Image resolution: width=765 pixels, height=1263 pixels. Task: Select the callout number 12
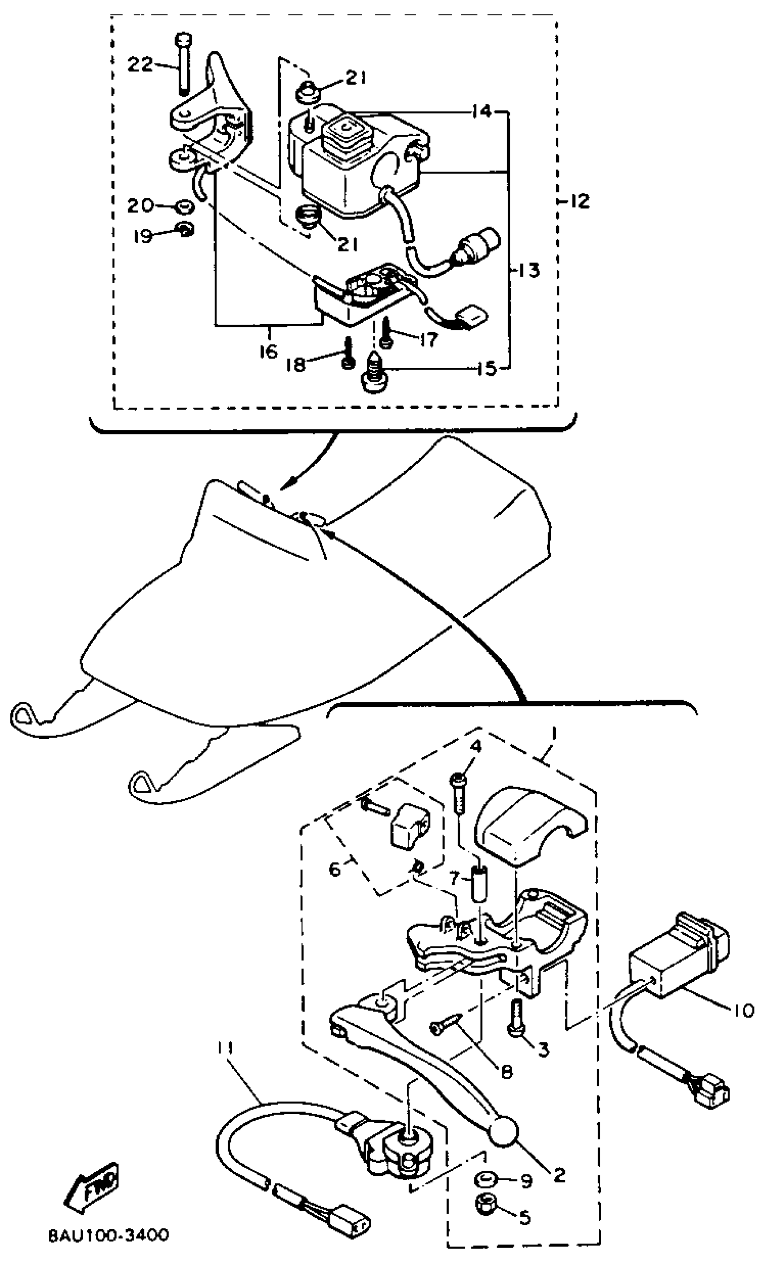pyautogui.click(x=580, y=201)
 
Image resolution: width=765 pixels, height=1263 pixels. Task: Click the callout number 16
pyautogui.click(x=268, y=352)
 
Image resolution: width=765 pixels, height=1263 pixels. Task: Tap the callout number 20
pyautogui.click(x=140, y=205)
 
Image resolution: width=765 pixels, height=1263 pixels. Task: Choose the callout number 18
pyautogui.click(x=296, y=365)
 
